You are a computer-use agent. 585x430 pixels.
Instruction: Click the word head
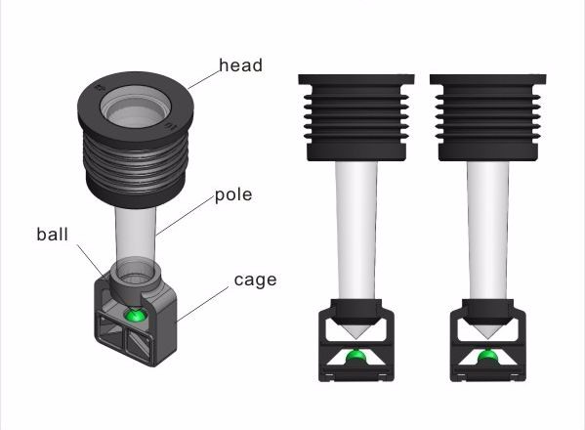pos(240,65)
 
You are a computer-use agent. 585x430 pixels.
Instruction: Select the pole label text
pos(233,195)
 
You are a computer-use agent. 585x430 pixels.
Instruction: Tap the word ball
pos(52,235)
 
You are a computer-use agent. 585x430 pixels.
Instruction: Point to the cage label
pos(255,280)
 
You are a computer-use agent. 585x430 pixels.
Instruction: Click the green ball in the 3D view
pos(135,316)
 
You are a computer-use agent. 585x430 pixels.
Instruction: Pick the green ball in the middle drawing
pos(355,357)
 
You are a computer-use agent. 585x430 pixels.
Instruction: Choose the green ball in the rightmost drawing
pos(487,357)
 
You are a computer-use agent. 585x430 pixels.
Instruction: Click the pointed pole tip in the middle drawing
pos(355,338)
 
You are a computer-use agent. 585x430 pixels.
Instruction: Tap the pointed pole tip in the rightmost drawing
pos(487,338)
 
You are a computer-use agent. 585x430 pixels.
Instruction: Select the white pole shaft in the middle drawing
pos(356,230)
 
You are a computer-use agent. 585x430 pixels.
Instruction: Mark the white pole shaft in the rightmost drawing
pos(487,230)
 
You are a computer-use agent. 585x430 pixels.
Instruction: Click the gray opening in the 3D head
pos(135,107)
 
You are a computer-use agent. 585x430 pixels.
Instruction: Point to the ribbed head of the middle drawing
pos(356,117)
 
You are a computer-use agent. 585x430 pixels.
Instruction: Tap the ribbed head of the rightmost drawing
pos(488,117)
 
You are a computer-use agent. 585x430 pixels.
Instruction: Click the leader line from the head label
pos(204,79)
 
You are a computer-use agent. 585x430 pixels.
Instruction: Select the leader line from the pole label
pos(185,216)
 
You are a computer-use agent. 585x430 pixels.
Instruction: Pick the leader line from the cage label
pos(202,304)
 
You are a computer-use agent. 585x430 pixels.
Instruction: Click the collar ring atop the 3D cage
pos(135,280)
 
